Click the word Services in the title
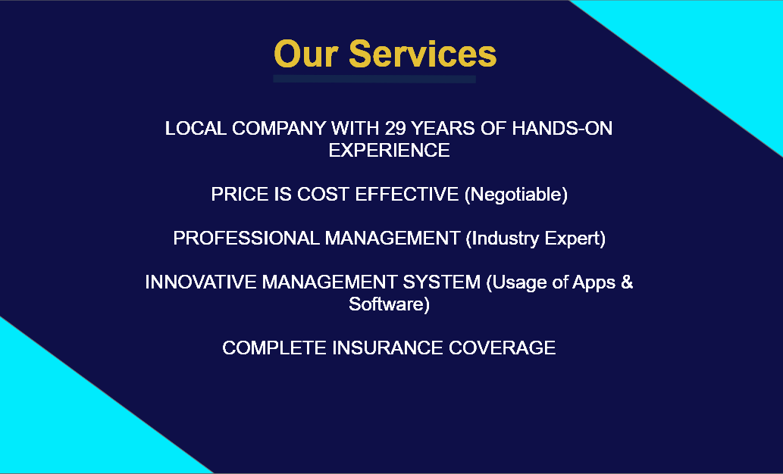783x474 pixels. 422,54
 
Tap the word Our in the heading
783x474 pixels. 306,54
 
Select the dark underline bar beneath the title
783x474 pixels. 374,79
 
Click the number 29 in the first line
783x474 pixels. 394,129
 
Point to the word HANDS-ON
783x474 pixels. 562,129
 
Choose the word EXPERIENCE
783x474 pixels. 389,150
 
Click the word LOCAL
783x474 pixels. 196,129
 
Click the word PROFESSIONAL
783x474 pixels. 246,239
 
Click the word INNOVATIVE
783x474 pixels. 201,282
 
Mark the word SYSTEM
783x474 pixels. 441,282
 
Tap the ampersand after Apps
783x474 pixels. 627,282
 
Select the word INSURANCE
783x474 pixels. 387,348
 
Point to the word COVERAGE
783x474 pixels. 502,348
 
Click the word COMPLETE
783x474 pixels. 274,348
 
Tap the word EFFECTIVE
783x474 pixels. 406,194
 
